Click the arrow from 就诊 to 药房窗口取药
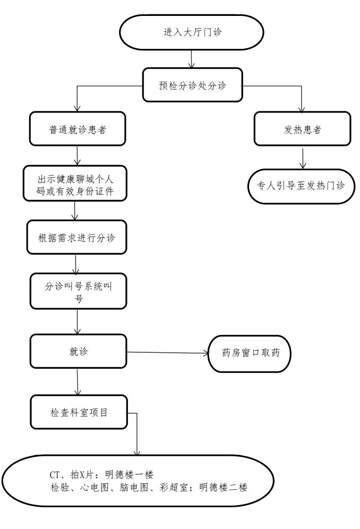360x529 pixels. coord(165,352)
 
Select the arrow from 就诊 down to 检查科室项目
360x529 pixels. coord(78,381)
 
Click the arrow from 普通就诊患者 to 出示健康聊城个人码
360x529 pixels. coord(79,155)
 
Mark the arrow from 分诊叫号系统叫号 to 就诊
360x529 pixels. coord(78,320)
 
